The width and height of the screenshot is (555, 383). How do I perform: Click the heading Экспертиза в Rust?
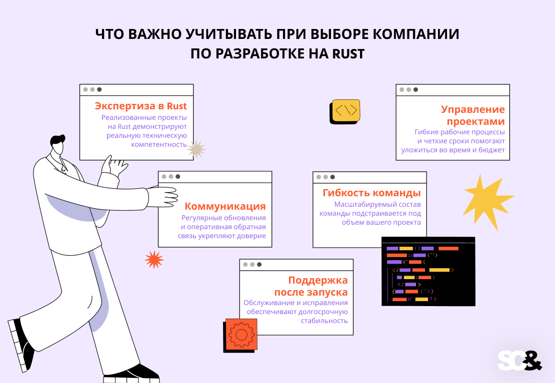[x=140, y=106]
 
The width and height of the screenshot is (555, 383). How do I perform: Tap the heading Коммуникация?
[x=225, y=206]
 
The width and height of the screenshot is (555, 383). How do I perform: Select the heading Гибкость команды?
[x=371, y=193]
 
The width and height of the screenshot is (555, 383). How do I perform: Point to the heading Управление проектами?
[x=473, y=115]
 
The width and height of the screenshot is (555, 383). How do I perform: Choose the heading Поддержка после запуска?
[x=311, y=286]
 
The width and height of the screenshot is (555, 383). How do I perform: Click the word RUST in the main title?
[x=348, y=54]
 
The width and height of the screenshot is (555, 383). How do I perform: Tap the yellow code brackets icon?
[x=345, y=111]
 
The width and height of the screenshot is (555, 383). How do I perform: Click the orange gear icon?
[x=240, y=335]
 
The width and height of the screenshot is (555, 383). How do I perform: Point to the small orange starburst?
[x=154, y=259]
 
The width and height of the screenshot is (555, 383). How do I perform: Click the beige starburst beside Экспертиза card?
[x=196, y=149]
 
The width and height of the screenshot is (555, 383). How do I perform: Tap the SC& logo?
[x=519, y=361]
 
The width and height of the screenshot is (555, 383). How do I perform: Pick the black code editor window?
[x=428, y=271]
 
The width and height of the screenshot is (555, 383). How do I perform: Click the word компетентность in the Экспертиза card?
[x=159, y=145]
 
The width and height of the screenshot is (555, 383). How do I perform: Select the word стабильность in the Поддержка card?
[x=324, y=321]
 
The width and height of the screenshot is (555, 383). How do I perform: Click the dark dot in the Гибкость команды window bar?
[x=332, y=177]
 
